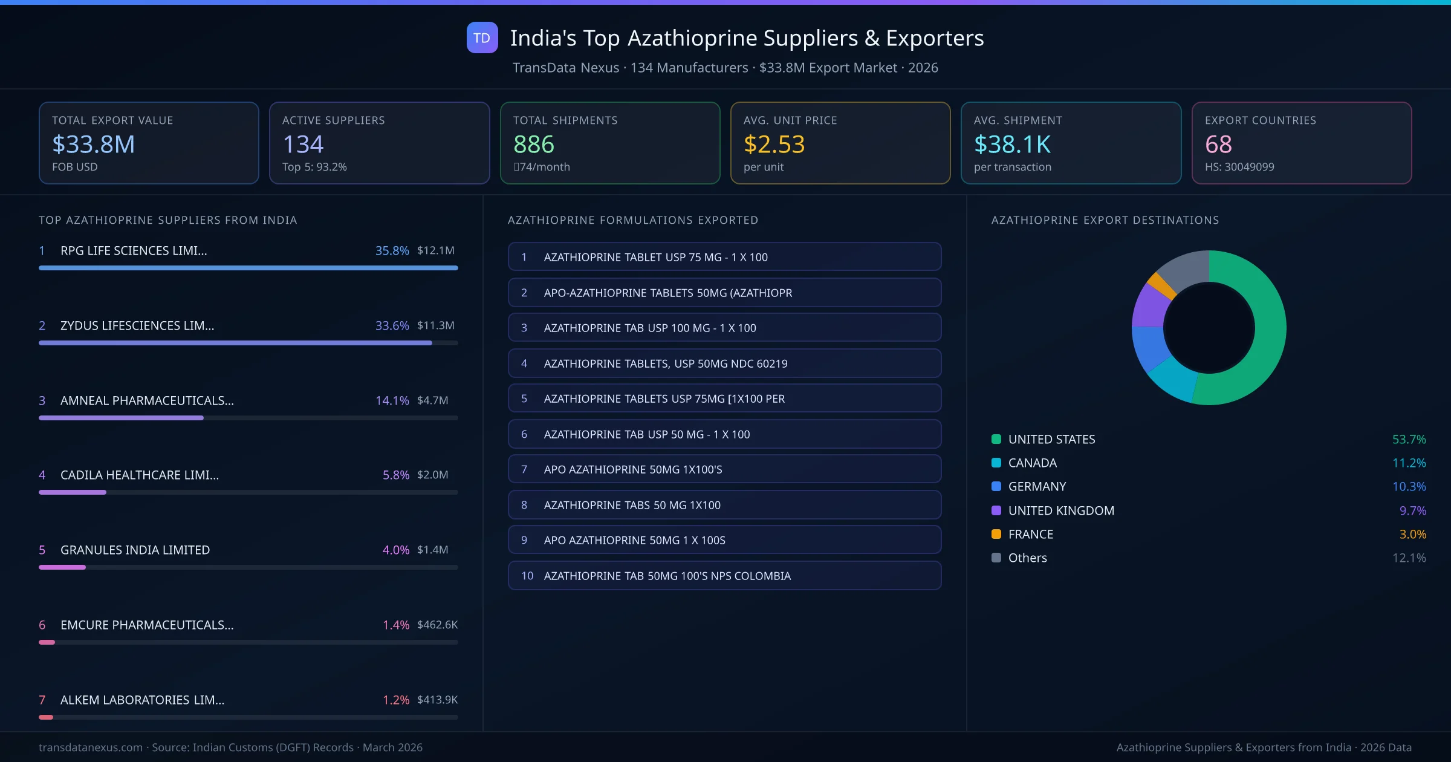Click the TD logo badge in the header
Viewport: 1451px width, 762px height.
[482, 37]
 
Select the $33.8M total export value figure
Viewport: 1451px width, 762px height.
[93, 144]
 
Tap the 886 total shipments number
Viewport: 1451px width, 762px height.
[533, 144]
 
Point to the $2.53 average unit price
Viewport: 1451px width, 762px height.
[774, 144]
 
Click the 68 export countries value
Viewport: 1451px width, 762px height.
[1218, 144]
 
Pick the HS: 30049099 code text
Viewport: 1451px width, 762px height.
[1239, 167]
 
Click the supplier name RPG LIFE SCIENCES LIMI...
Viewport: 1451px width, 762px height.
[134, 250]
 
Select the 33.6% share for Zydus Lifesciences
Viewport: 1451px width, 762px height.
[392, 325]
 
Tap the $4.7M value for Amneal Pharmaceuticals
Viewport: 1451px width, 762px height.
[432, 400]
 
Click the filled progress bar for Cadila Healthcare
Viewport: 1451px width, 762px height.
[73, 492]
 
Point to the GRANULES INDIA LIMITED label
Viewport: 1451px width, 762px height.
[135, 550]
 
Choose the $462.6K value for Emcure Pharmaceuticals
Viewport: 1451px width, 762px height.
[437, 625]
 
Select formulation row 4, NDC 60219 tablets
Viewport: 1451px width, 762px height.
[724, 363]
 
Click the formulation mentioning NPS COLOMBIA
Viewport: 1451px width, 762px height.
[724, 576]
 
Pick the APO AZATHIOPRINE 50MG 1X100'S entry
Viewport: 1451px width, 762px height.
[724, 469]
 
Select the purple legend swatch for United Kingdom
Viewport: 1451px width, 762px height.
[996, 510]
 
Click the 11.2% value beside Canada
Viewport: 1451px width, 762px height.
[1409, 463]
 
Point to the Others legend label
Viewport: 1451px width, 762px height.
[1027, 558]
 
